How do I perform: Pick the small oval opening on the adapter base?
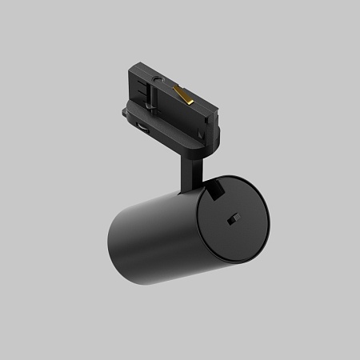coord(142,128)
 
